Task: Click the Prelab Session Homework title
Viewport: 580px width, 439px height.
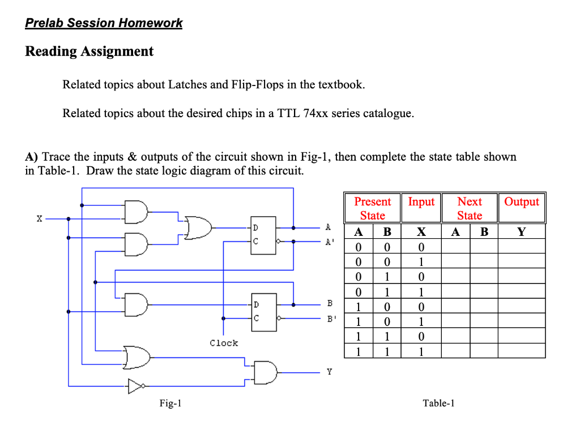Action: tap(104, 23)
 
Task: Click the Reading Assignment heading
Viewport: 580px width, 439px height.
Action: tap(89, 51)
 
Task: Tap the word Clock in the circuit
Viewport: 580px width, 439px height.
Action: tap(224, 343)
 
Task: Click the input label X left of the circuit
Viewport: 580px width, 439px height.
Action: tap(39, 218)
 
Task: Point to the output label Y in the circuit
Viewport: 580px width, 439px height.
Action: tap(329, 372)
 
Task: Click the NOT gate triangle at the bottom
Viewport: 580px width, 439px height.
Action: tap(135, 386)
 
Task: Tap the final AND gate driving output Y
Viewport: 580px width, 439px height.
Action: tap(266, 372)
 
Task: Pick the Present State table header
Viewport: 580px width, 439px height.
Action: tap(372, 208)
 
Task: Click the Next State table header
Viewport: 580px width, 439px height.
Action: tap(469, 208)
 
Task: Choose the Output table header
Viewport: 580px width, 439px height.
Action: tap(521, 202)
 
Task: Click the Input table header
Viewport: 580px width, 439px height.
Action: tap(421, 202)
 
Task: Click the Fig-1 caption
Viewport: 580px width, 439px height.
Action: tap(170, 403)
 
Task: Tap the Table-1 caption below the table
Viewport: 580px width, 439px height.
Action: tap(438, 403)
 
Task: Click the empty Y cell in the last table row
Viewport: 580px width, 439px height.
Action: tap(521, 351)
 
